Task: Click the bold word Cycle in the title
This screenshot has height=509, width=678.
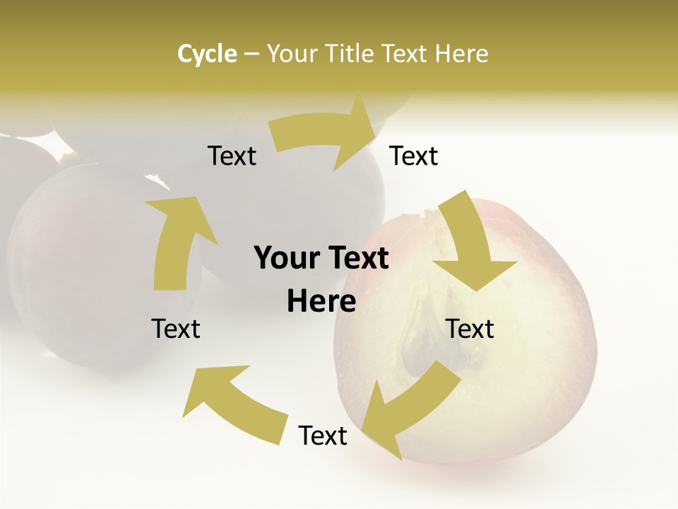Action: coord(207,54)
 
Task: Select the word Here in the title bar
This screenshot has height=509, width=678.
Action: coord(460,54)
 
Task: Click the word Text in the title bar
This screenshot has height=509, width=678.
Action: coord(404,54)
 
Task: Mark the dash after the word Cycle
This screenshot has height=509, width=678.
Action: coord(251,54)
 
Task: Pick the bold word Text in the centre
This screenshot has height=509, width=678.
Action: coord(357,259)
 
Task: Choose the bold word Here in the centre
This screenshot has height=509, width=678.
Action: coord(321,302)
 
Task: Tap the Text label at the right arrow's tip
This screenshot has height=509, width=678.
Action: coord(414,156)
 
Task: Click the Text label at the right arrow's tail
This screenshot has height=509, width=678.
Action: coord(232,156)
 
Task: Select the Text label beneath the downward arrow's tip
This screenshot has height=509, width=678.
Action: coord(470,329)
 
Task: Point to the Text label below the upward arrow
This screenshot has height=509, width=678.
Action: coord(176,329)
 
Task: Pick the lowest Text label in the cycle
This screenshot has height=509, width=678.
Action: coord(323,436)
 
